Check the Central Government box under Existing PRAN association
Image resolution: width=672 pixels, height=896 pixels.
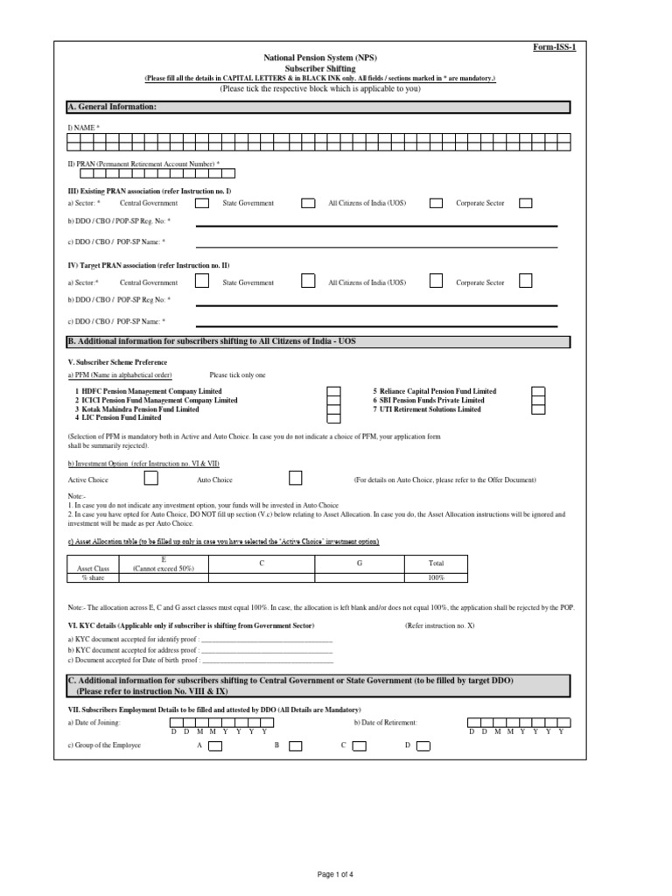coord(201,203)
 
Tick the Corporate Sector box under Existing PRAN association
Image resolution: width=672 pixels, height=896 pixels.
coord(525,203)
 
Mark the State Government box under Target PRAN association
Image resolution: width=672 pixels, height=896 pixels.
coord(308,282)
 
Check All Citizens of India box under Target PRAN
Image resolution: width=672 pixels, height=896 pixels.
coord(436,282)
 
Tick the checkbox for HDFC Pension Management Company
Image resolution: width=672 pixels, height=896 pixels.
coord(333,391)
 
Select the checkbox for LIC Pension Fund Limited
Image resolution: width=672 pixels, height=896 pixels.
coord(333,418)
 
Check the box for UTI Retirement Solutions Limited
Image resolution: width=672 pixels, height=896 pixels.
coord(539,409)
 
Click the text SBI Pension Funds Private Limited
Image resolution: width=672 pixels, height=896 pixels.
coord(429,400)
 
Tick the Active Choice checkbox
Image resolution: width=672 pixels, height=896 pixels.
coord(150,479)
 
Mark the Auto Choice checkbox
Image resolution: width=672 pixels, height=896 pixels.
coord(296,479)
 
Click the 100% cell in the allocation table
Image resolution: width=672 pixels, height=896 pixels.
coord(436,577)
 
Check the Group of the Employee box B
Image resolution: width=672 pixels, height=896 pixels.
coord(296,746)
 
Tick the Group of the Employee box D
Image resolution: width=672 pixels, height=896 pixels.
coord(423,746)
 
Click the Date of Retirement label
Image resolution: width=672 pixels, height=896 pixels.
coord(386,723)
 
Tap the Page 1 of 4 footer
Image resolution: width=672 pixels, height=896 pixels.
coord(336,873)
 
